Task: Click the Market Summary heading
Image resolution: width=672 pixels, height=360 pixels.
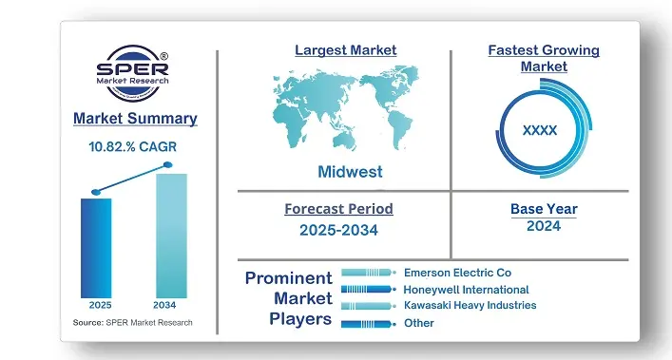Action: pos(135,119)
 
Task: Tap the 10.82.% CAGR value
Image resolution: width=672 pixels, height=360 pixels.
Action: pos(133,147)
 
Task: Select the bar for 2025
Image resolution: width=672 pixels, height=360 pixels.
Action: pos(96,247)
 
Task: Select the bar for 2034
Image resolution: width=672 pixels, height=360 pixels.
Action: pos(171,235)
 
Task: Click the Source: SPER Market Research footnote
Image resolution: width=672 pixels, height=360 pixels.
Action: pos(132,323)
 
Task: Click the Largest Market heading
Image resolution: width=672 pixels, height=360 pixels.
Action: pos(345,49)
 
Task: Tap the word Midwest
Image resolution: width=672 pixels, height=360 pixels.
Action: pos(350,172)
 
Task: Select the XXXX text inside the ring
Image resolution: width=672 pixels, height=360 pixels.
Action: pos(540,130)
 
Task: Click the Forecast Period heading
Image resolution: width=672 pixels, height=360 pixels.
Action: pos(338,209)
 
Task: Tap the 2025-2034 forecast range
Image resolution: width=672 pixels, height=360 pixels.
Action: pos(338,229)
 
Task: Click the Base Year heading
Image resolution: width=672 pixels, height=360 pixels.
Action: pos(543,209)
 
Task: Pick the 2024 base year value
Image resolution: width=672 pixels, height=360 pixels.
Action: pos(543,226)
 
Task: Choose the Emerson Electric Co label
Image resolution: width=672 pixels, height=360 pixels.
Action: pos(457,272)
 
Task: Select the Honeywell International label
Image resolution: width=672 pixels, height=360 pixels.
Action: pos(466,289)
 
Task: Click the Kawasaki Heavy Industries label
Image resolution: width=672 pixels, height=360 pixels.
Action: pos(470,306)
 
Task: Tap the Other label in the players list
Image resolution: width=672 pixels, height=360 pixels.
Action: pos(418,323)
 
